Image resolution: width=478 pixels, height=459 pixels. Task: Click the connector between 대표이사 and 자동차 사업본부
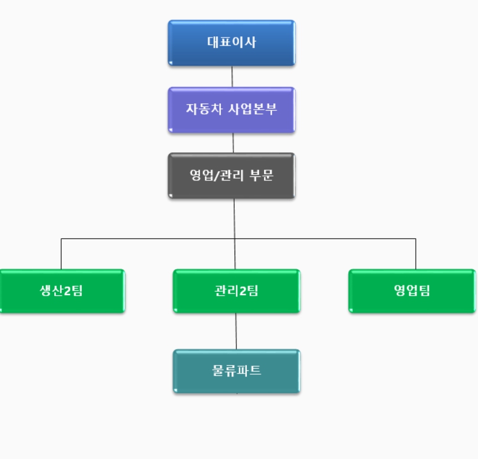click(232, 77)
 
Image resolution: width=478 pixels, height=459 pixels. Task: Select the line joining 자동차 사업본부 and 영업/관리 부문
click(233, 143)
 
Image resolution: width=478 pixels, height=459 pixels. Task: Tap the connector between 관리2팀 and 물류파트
click(236, 332)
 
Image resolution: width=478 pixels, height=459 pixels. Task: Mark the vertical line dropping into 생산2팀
click(62, 254)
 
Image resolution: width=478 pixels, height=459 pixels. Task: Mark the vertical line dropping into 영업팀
click(416, 254)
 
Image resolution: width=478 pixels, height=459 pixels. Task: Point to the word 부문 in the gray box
click(262, 175)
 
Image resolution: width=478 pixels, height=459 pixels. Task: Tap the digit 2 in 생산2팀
click(67, 291)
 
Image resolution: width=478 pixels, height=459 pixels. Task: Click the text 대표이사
click(232, 42)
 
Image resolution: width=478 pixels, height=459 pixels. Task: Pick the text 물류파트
click(236, 371)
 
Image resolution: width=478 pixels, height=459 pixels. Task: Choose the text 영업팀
click(412, 291)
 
